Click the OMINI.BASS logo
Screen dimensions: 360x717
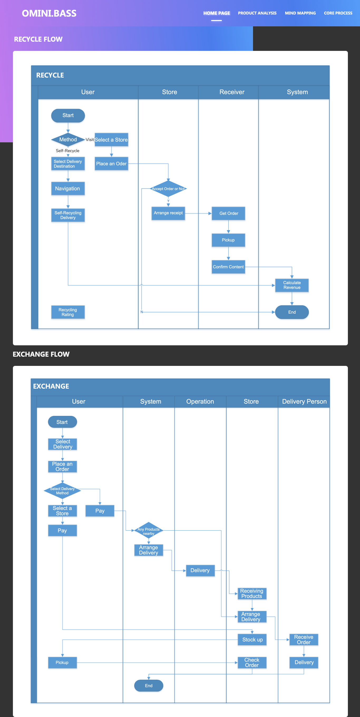(x=49, y=13)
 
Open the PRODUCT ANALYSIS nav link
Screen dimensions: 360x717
(x=257, y=13)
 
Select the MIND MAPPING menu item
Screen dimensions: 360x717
(x=300, y=13)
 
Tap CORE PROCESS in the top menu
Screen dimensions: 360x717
(x=338, y=13)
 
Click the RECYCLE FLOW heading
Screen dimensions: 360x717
(x=38, y=39)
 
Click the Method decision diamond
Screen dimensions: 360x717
(x=68, y=139)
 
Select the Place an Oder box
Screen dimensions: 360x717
(x=111, y=164)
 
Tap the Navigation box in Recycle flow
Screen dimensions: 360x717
(x=68, y=188)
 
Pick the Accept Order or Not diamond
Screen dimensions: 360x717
(x=168, y=189)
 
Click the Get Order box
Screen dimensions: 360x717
(x=228, y=213)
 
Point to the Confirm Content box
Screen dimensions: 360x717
(x=228, y=267)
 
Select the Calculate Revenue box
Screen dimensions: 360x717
(x=292, y=285)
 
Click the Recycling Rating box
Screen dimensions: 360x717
(x=68, y=312)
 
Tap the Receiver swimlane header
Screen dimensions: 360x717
(x=232, y=92)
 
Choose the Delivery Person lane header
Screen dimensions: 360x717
(x=304, y=401)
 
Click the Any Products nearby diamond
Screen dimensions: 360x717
(x=149, y=531)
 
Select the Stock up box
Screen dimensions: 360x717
(x=252, y=640)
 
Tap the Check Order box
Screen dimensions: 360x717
(x=252, y=662)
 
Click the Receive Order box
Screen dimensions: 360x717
(x=304, y=640)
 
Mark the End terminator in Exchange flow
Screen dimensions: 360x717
(x=149, y=686)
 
